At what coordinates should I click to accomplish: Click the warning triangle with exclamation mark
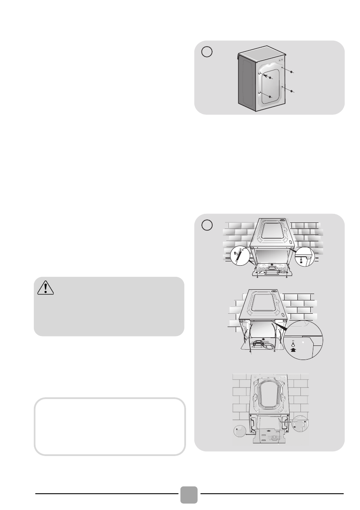(x=45, y=288)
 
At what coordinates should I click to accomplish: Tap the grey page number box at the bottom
(x=189, y=495)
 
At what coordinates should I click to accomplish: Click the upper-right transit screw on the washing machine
(x=291, y=72)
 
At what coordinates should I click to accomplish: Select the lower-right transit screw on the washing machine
(x=291, y=91)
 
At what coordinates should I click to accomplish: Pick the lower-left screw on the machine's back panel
(x=270, y=97)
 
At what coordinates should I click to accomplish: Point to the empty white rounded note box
(x=110, y=426)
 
